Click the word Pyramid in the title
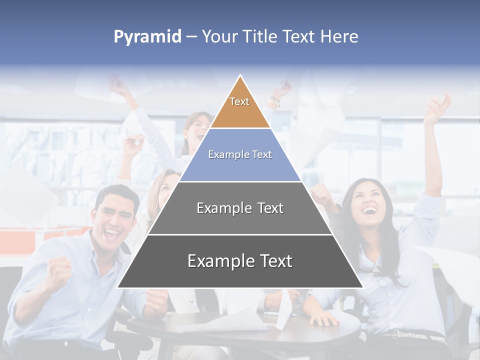[147, 37]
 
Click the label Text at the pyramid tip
[239, 101]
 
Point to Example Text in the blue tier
[240, 155]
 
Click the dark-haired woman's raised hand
[437, 107]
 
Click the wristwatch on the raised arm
[274, 102]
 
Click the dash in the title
[191, 37]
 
